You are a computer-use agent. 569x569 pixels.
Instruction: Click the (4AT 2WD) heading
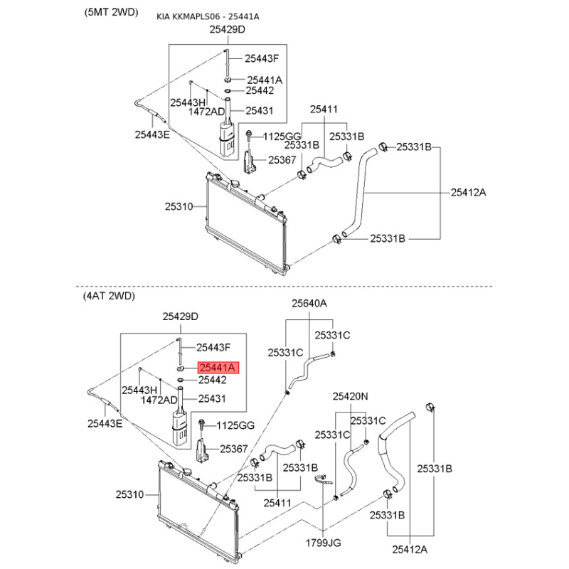109,295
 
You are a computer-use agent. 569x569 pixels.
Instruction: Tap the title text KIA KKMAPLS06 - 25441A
208,16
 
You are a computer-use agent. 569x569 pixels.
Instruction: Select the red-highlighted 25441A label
220,368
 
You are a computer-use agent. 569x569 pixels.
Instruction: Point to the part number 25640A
309,303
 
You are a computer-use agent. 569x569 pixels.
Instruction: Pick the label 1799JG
324,543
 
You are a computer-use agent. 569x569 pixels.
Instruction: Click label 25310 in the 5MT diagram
179,206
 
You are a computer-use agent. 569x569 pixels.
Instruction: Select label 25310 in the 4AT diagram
130,494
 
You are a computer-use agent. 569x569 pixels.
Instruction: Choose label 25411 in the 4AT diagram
277,503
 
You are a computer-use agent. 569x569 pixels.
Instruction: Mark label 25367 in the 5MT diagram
282,161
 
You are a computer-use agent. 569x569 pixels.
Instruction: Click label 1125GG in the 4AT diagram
235,425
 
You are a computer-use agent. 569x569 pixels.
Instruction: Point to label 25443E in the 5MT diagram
152,133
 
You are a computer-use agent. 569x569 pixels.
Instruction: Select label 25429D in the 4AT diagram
180,316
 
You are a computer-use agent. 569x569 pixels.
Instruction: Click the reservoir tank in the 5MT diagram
227,139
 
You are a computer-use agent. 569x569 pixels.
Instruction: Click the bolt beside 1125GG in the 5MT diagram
250,135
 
